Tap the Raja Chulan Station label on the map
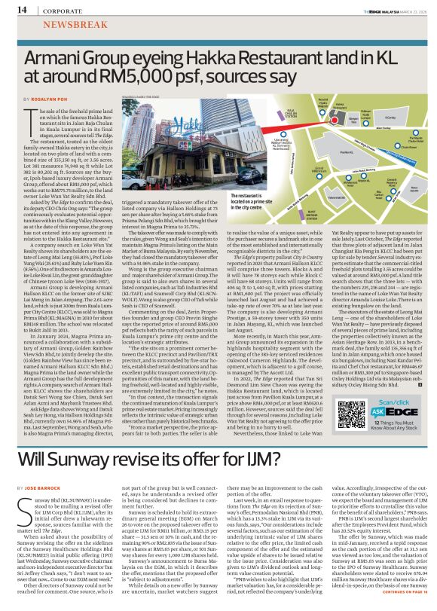pos(268,115)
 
